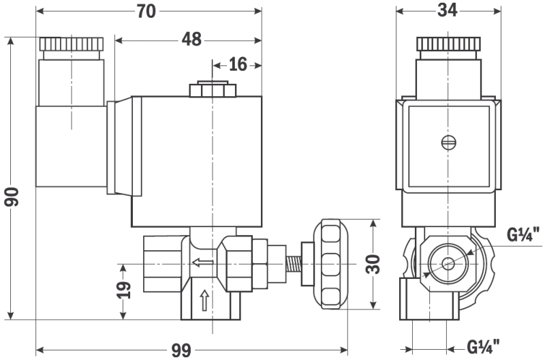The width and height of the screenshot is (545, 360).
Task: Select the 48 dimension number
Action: [191, 39]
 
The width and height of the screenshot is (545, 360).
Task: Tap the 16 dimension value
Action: [237, 64]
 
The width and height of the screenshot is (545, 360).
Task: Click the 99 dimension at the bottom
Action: [181, 350]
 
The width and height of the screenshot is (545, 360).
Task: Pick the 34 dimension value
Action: [448, 10]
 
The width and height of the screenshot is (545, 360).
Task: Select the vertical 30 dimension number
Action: [373, 263]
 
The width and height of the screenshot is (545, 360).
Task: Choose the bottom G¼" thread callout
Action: [484, 346]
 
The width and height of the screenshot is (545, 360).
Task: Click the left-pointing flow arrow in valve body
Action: [202, 263]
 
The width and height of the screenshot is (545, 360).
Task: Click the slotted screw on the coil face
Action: [448, 142]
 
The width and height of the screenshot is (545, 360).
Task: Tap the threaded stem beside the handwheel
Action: [295, 263]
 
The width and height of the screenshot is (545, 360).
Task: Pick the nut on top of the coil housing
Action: [213, 90]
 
